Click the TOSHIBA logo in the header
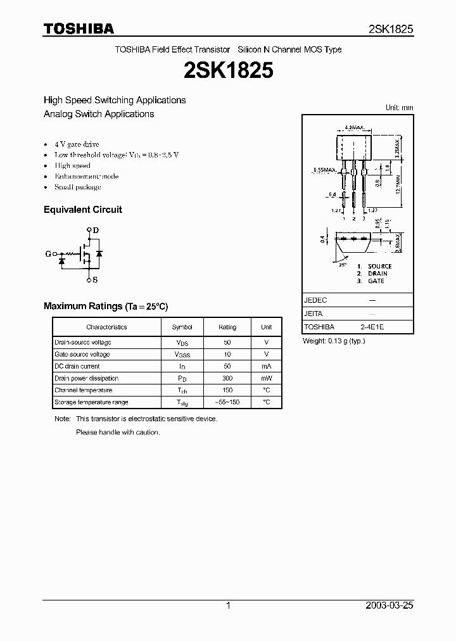point(79,29)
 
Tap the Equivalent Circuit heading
point(83,210)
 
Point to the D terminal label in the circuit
point(96,231)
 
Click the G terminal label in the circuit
point(48,254)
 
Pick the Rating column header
point(227,327)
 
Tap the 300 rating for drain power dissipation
point(227,378)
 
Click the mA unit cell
point(266,366)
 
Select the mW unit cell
point(266,378)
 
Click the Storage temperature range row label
point(91,402)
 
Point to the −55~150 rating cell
point(227,402)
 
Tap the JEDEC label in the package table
point(315,300)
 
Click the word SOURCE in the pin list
point(380,266)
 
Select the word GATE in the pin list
point(376,281)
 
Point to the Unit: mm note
point(399,108)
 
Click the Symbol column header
point(182,327)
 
